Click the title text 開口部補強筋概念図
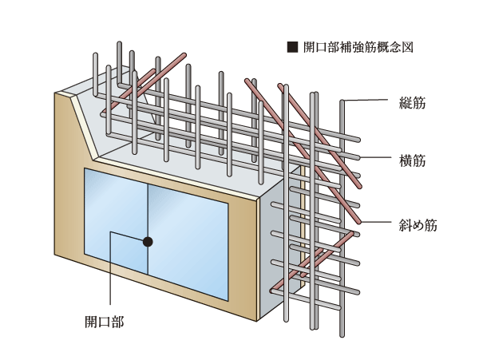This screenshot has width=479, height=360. coord(358,47)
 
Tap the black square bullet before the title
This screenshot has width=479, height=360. coord(291,47)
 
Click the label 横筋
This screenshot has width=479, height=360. coord(413,161)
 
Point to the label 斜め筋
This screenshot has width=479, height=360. coord(418,225)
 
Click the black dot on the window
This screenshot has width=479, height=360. coord(148,240)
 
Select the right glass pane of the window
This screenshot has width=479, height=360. coord(188,239)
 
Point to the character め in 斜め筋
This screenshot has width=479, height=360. coord(418,225)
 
